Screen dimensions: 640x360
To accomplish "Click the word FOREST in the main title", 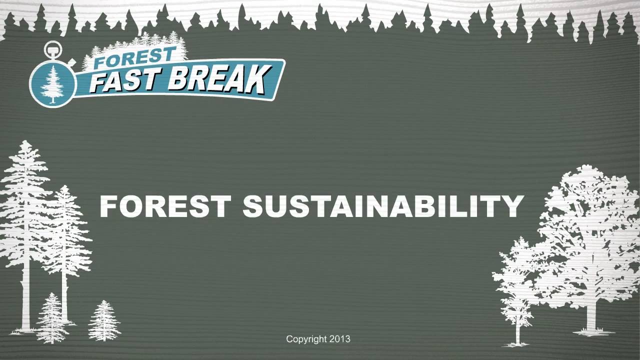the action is [165, 206].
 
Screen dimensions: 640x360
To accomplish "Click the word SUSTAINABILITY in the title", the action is [383, 206].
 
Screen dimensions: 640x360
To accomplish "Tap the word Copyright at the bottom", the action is [306, 339].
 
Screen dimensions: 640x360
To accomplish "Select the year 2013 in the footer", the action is [339, 339].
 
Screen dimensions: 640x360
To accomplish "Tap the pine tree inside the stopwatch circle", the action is [52, 84].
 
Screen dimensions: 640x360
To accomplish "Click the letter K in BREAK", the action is [256, 79].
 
